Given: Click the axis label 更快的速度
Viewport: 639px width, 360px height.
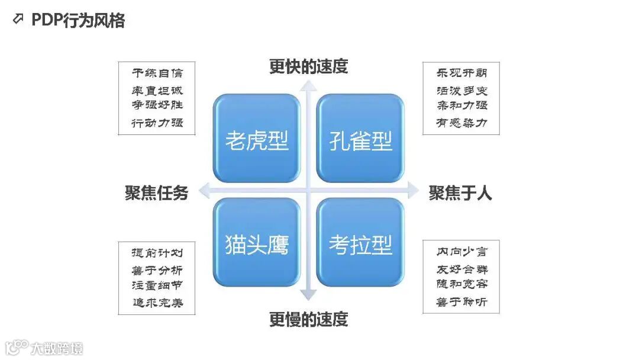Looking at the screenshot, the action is (x=308, y=66).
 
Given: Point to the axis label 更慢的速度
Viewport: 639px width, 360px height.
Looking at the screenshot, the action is (x=308, y=320).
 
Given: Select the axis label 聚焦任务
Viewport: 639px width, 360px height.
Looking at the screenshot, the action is (x=156, y=193).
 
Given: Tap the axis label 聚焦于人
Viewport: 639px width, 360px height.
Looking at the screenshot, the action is (x=460, y=193).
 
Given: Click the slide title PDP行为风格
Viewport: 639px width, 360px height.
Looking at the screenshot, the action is (x=78, y=21).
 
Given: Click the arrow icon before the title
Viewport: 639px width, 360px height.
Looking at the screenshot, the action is (x=18, y=20).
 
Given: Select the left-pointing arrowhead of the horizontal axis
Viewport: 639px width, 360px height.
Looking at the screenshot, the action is (x=205, y=190).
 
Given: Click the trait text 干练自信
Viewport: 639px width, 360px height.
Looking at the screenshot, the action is (x=157, y=73).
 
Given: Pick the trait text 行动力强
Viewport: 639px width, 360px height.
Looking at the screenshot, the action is (x=157, y=123).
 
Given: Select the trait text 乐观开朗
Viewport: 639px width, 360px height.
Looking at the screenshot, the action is (x=461, y=73).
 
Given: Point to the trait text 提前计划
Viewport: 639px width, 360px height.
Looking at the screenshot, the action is (x=157, y=253).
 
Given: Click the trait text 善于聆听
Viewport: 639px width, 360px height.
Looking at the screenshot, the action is (x=461, y=302).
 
